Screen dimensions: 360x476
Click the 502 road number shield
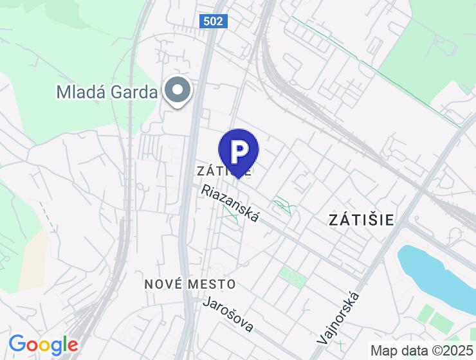213,21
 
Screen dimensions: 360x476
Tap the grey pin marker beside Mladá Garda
178,91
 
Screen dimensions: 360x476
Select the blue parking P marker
238,152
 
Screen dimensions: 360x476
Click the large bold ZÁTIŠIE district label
362,219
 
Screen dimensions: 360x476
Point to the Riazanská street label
230,204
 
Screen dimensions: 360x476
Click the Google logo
44,345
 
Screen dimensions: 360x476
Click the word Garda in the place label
133,92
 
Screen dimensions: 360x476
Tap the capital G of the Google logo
17,345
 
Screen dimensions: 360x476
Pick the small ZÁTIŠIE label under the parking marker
224,171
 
